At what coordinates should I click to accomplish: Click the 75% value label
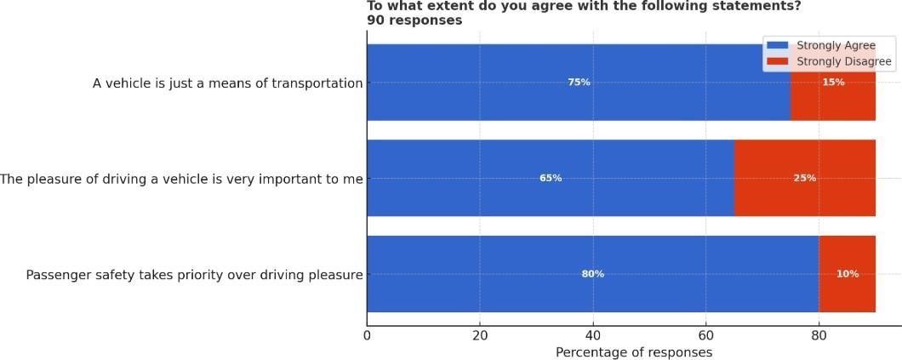579,83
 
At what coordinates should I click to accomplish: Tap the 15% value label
833,83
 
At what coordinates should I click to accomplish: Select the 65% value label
551,179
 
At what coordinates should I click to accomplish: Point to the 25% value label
805,179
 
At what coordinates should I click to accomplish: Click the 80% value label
592,274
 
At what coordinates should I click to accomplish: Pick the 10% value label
848,274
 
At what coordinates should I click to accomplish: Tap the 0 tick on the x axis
367,335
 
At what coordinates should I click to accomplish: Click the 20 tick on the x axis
480,335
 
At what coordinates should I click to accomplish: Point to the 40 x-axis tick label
593,335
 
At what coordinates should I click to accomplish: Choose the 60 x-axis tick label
705,335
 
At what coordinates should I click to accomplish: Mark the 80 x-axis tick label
819,335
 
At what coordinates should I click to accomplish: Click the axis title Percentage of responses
634,352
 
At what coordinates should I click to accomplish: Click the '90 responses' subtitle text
414,20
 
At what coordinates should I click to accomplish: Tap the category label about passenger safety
194,275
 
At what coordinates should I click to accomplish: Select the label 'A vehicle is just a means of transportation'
227,83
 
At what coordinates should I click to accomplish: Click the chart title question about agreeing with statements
584,6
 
